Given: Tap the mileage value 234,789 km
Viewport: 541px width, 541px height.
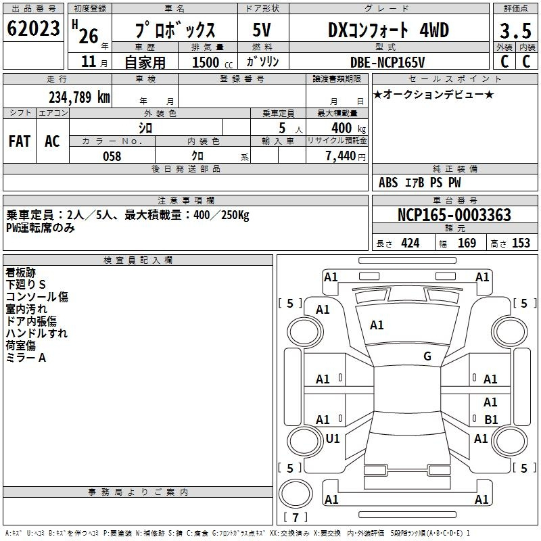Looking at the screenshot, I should click(79, 97).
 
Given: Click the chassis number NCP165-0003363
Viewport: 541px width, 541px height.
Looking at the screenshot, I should click(454, 215).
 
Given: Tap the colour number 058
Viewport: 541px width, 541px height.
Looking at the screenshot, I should click(112, 156).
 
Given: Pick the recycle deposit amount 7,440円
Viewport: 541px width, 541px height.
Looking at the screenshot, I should click(346, 156).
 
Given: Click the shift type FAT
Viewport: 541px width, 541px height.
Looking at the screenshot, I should click(20, 141).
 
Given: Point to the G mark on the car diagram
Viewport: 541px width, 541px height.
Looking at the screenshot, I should click(427, 356).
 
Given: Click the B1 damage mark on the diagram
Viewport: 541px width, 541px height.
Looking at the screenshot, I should click(491, 419).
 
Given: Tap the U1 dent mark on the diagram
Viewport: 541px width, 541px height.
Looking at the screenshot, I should click(333, 438).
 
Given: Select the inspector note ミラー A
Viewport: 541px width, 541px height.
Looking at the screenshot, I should click(26, 358).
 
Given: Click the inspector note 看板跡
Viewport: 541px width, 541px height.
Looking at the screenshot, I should click(21, 273).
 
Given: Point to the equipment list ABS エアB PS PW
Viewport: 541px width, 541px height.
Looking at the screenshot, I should click(419, 183).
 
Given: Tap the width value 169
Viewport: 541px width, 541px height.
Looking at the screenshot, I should click(467, 243).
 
